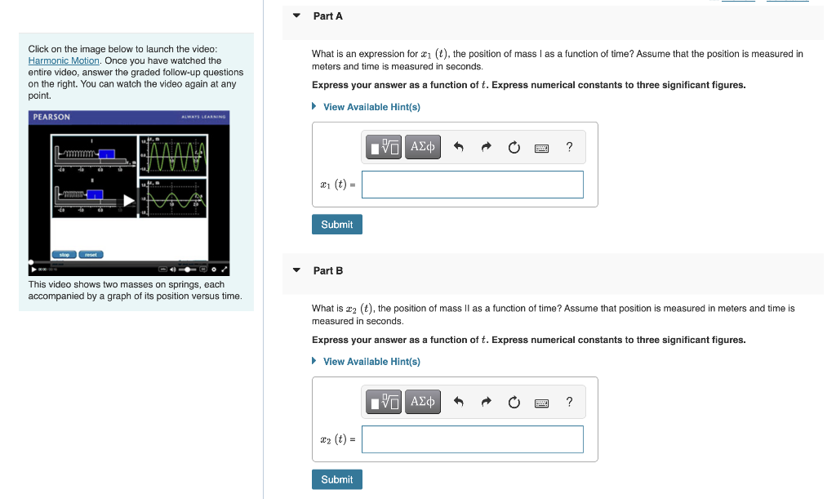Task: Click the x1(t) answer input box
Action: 472,185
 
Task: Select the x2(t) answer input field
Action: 472,439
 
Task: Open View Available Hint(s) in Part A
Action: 371,107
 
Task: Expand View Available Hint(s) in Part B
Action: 371,362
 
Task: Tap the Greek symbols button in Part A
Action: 423,147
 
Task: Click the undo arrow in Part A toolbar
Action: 459,148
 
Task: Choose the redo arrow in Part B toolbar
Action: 487,402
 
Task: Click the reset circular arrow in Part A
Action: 514,148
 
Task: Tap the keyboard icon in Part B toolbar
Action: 541,402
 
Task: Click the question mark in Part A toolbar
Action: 569,147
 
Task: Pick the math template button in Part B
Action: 385,402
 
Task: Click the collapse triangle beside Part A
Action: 296,16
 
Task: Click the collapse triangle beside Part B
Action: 296,270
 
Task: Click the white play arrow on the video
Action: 129,200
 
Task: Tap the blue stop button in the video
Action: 64,255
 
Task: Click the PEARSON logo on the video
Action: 51,117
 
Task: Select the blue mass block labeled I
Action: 105,154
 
